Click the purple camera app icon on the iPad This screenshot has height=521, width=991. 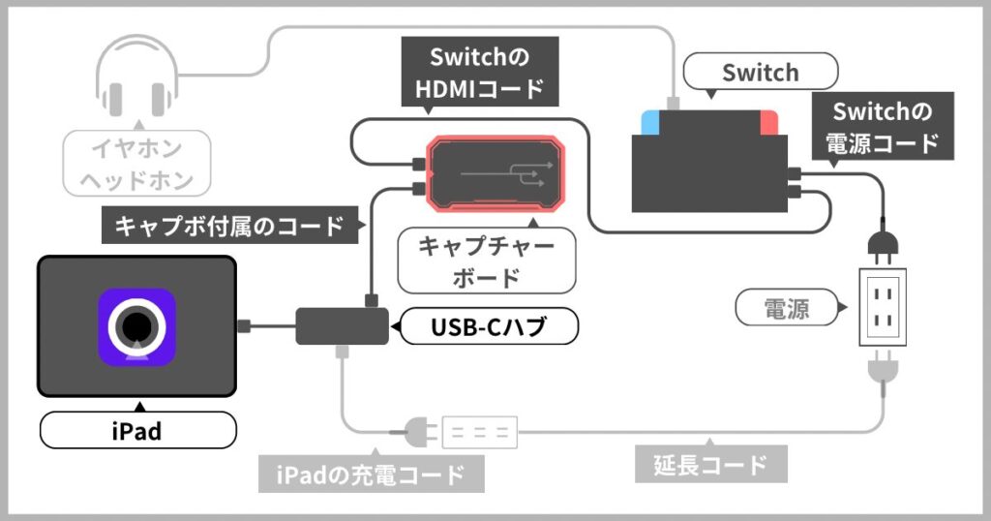pos(136,327)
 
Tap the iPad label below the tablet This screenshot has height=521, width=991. pos(136,430)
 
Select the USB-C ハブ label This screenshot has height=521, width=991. pos(489,328)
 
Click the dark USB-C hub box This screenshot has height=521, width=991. pos(341,324)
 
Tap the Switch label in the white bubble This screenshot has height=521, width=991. pos(761,73)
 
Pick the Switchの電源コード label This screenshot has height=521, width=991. pos(882,126)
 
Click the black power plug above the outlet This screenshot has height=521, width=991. pos(884,246)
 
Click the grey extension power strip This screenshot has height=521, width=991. pos(480,432)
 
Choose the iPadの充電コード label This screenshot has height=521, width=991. pos(371,475)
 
